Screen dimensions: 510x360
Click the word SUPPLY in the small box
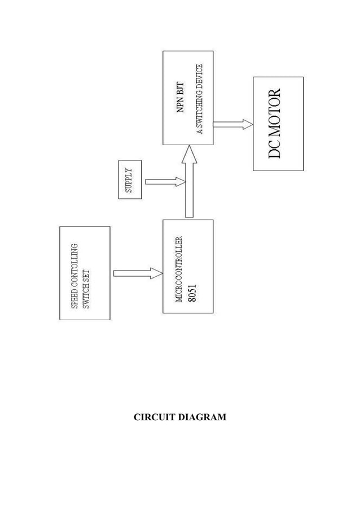click(x=129, y=180)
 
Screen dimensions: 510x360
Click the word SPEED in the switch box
click(x=74, y=300)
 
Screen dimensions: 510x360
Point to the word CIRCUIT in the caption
click(x=154, y=417)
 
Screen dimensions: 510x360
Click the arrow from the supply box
click(x=165, y=182)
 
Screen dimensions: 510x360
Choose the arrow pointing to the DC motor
click(x=232, y=124)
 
